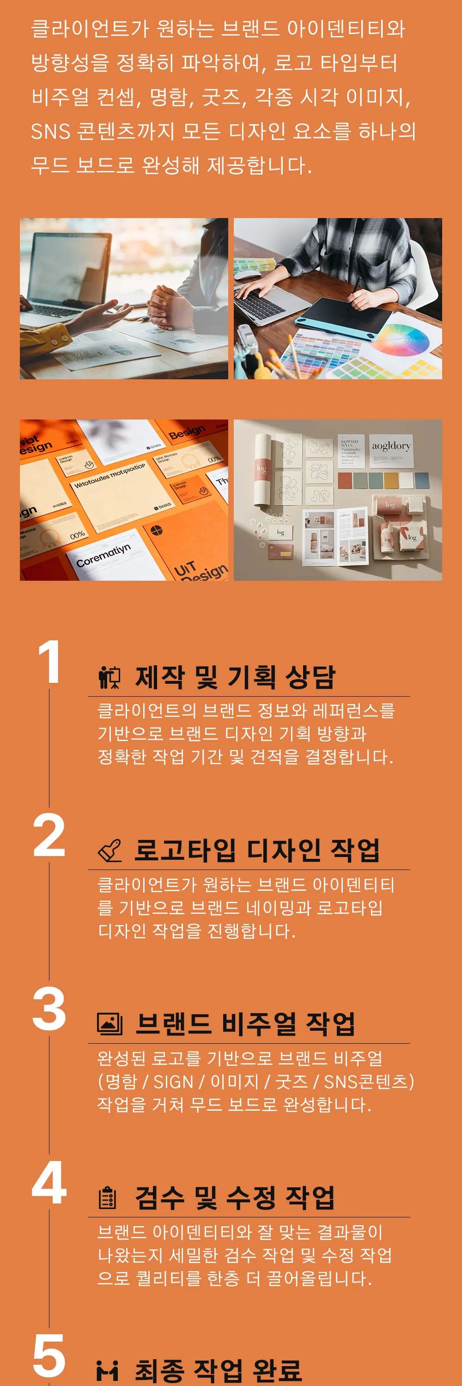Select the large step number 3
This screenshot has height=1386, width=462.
(x=49, y=1009)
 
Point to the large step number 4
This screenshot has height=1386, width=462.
(x=49, y=1182)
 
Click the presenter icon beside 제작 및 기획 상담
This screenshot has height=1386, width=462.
(x=109, y=677)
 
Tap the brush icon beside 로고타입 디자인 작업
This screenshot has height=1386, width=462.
(x=109, y=851)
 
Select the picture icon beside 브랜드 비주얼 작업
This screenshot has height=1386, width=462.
(x=109, y=1024)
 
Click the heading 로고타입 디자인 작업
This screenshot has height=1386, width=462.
(x=256, y=850)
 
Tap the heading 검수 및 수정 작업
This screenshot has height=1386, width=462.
(x=235, y=1198)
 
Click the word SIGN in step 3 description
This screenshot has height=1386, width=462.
(x=173, y=1082)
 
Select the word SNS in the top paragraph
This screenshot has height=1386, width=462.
(x=50, y=131)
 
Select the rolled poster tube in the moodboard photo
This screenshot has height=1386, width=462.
(x=261, y=468)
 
